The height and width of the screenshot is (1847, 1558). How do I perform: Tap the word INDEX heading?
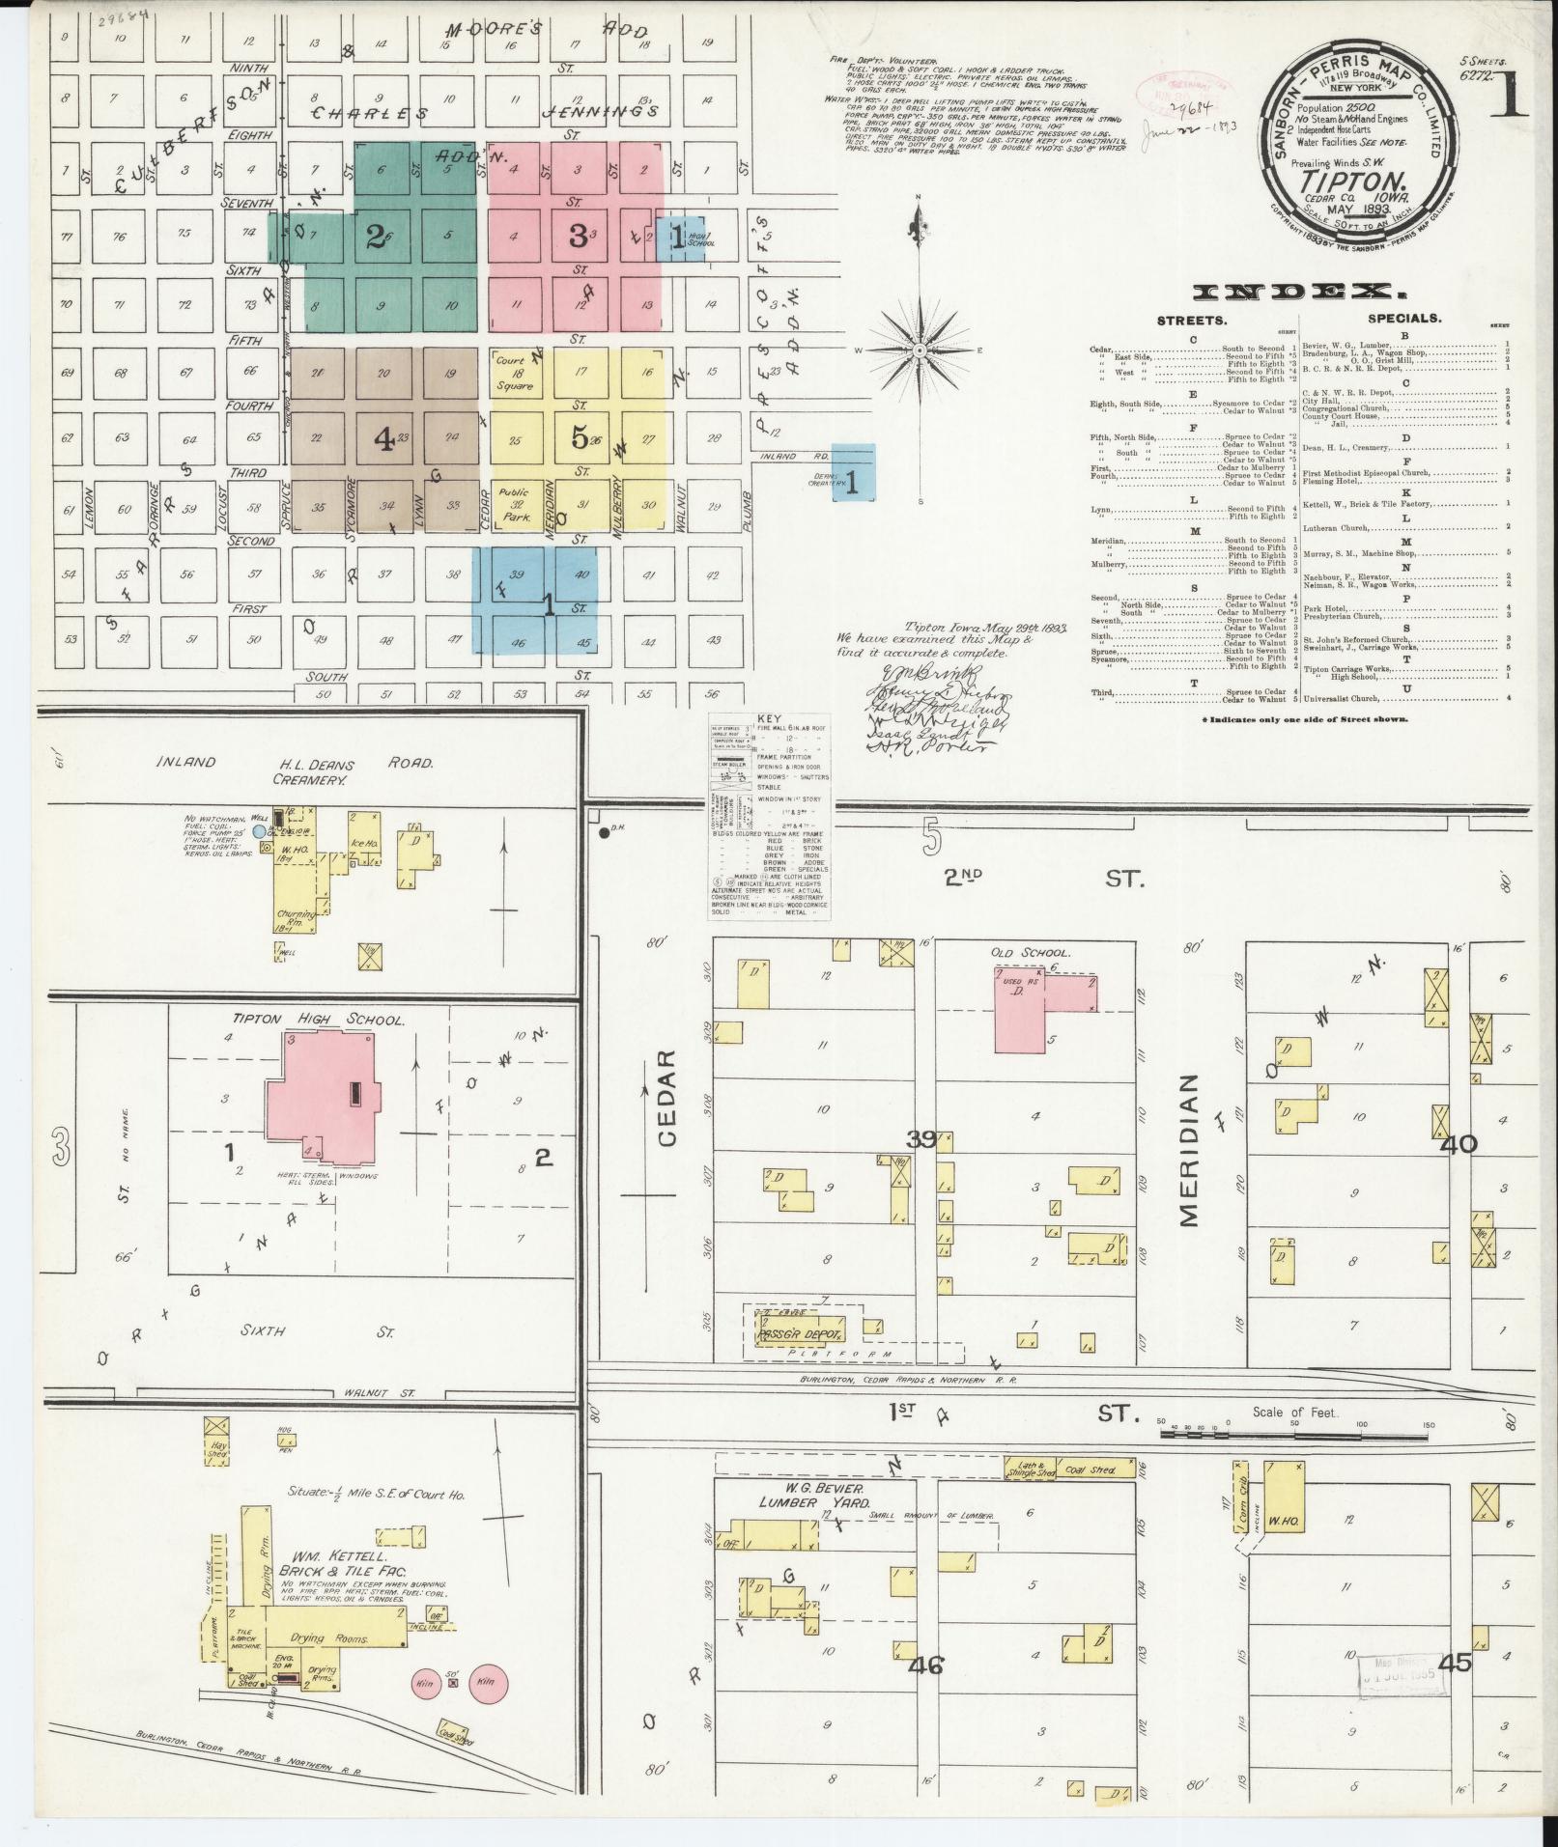click(1293, 292)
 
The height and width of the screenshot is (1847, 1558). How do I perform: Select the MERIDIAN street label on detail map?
click(1188, 1149)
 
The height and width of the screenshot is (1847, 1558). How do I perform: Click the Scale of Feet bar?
click(1294, 1435)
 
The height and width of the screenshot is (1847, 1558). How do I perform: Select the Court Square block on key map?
click(515, 373)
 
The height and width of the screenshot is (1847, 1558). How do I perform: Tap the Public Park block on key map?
click(515, 505)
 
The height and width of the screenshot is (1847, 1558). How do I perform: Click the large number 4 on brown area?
click(384, 439)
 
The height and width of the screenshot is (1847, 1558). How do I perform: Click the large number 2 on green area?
click(376, 237)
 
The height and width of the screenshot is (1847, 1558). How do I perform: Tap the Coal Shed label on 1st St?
click(1091, 1470)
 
